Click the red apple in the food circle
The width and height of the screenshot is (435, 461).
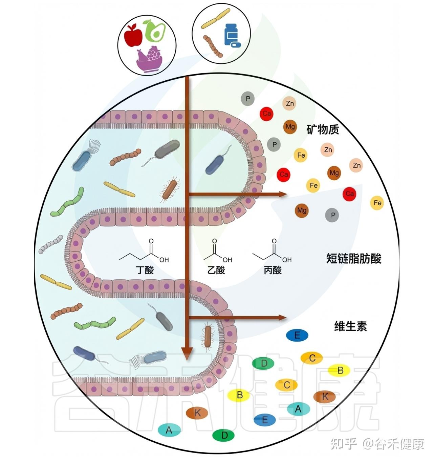[x=133, y=35]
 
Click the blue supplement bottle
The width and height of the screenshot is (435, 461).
[x=232, y=35]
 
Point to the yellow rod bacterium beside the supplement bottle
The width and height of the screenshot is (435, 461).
[x=216, y=18]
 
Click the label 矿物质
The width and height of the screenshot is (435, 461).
[x=322, y=129]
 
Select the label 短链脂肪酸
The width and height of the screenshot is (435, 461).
[x=354, y=259]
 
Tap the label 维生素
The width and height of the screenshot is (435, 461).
[x=350, y=326]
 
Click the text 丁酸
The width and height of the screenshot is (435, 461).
[x=145, y=270]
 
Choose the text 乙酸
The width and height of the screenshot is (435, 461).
[x=216, y=270]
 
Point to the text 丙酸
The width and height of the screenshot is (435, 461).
[x=273, y=270]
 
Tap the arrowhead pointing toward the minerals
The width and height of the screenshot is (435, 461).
[x=282, y=194]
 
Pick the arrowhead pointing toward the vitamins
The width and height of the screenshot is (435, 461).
[x=282, y=318]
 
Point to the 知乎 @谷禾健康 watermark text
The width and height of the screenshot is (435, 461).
[x=377, y=444]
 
